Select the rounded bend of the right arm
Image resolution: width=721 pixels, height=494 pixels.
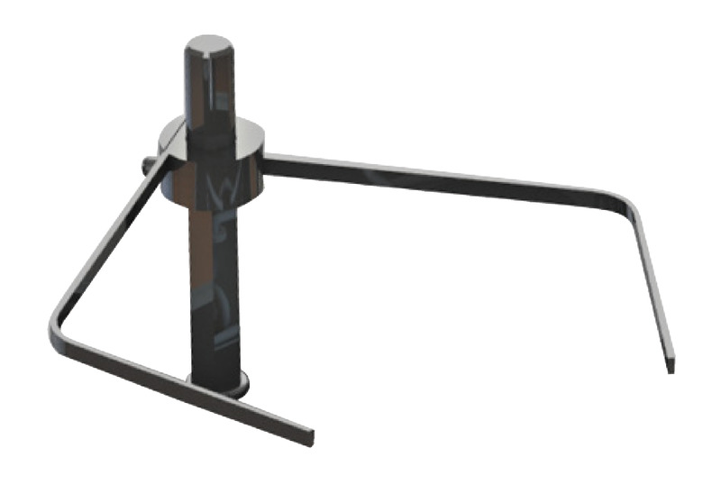(x=628, y=205)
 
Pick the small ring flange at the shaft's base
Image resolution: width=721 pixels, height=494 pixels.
(x=216, y=389)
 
